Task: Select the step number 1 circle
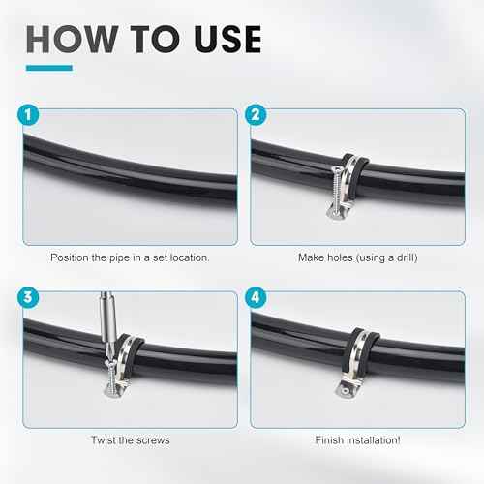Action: (25, 115)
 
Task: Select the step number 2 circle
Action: (257, 115)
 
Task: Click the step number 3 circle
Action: (25, 296)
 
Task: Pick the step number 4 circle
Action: (257, 296)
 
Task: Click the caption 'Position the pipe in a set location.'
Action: (130, 258)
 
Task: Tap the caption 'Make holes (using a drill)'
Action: (361, 258)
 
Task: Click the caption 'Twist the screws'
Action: (130, 439)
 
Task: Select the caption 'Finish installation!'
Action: (361, 439)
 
